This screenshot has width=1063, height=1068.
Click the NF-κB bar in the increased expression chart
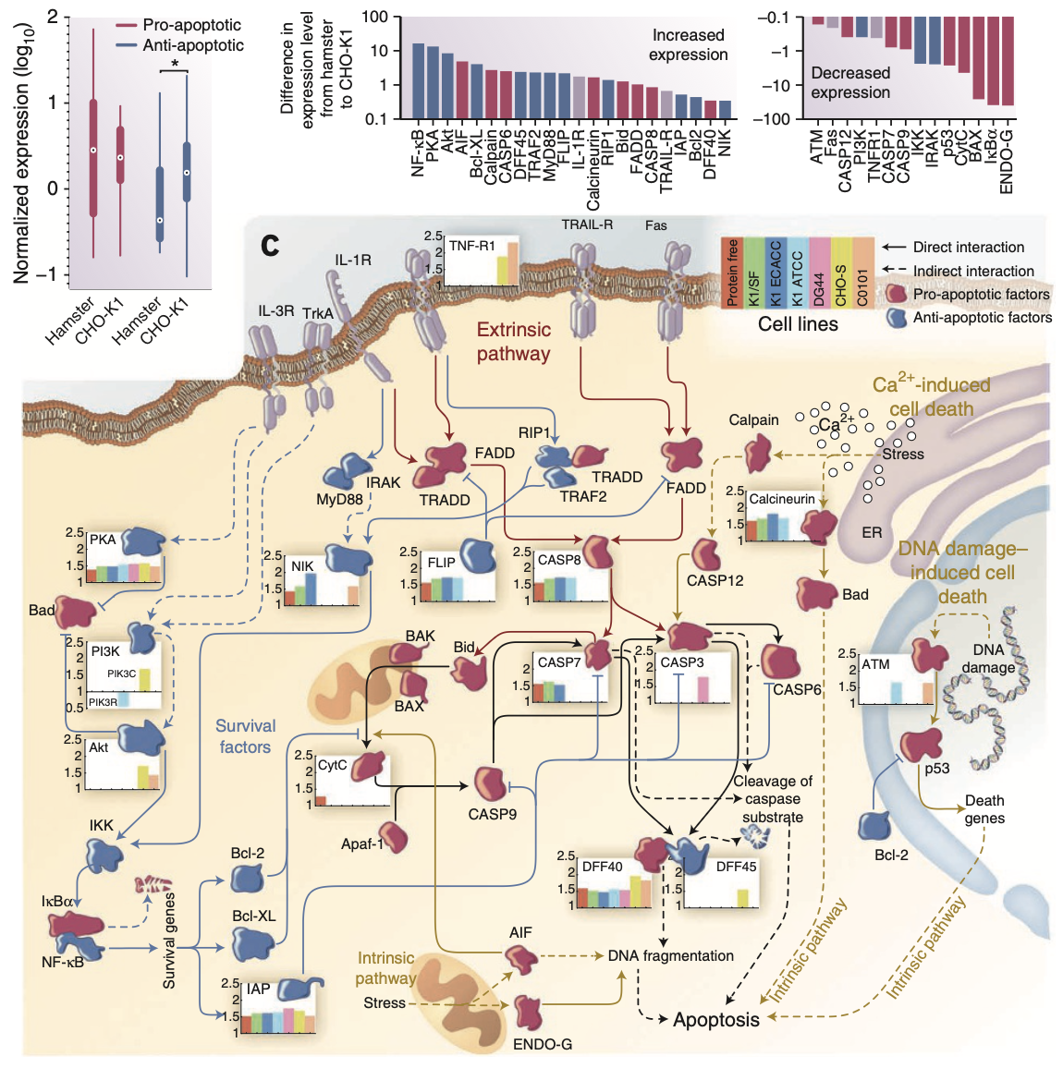418,81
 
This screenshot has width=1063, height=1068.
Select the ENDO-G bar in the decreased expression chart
1007,61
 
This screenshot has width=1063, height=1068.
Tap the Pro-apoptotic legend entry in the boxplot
191,25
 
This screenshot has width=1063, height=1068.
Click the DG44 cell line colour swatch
819,273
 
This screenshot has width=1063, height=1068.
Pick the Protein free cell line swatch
732,273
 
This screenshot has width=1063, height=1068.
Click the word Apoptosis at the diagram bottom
716,1020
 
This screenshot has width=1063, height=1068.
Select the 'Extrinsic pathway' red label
513,342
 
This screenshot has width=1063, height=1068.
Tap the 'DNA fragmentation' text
670,956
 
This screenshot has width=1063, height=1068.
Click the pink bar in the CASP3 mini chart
703,689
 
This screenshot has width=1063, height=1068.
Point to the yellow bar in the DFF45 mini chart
742,897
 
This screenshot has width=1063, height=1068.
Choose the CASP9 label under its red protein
492,814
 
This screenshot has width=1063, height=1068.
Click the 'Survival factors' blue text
245,736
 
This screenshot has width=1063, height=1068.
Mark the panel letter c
270,245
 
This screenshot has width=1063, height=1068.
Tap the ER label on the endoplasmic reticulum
872,532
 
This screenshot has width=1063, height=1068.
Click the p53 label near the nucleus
937,768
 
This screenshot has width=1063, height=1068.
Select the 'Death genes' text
984,809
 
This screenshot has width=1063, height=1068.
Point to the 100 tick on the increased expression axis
374,17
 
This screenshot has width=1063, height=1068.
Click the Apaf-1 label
362,843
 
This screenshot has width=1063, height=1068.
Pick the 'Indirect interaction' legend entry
973,271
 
